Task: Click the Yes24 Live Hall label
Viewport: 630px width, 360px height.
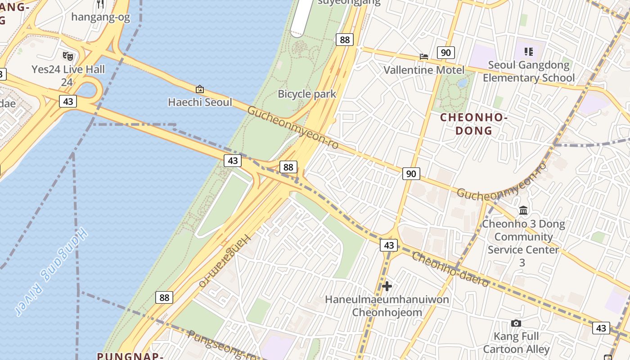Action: pos(68,69)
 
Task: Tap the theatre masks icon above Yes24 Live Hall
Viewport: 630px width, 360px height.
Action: pos(67,56)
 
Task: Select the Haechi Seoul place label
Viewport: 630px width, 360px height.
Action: pos(200,102)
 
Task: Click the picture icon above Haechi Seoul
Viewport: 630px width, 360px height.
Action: pos(200,89)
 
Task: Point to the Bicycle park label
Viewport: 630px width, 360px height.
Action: pos(307,94)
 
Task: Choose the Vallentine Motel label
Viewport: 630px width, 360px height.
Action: pos(423,70)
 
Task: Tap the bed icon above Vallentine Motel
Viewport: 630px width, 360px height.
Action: pos(424,56)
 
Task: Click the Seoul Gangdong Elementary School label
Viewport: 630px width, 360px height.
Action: pos(529,71)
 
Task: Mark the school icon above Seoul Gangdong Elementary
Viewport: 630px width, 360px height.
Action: pos(529,52)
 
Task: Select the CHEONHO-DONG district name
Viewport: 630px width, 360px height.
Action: pos(474,124)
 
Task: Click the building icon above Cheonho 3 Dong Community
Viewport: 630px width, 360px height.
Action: pos(523,210)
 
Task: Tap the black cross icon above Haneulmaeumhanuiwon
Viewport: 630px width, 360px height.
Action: pos(387,286)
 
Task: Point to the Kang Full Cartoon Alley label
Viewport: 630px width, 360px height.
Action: pos(516,342)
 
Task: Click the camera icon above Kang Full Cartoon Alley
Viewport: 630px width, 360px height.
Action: pos(516,323)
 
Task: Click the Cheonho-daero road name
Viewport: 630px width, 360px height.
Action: pos(450,270)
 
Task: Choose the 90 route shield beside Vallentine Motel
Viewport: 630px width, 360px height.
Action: pos(445,53)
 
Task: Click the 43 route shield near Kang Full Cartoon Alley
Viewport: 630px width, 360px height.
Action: pos(601,328)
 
